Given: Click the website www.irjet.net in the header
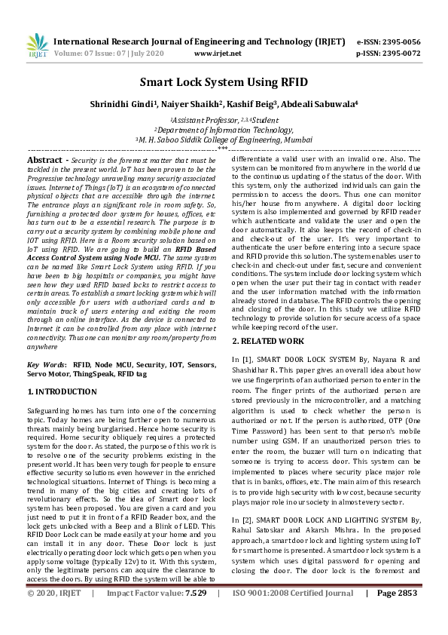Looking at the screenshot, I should (x=218, y=54).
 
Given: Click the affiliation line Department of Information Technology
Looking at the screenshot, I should (x=224, y=129).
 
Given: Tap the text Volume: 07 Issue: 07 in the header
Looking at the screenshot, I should (x=83, y=54).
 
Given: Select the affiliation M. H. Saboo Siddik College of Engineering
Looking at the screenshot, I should (x=224, y=140).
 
